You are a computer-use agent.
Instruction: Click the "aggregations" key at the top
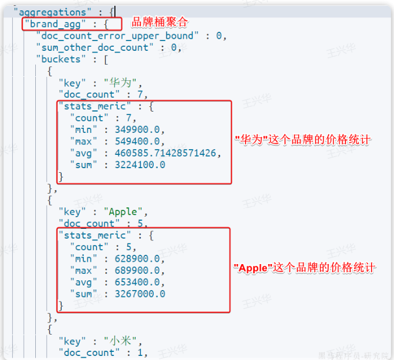pyautogui.click(x=51, y=11)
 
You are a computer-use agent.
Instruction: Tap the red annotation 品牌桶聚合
pyautogui.click(x=160, y=23)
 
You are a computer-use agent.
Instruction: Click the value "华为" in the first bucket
pyautogui.click(x=124, y=83)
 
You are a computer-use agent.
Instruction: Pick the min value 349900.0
pyautogui.click(x=139, y=129)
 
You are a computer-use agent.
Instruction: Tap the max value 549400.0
pyautogui.click(x=139, y=141)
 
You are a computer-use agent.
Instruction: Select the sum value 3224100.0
pyautogui.click(x=139, y=165)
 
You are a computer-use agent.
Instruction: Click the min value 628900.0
pyautogui.click(x=139, y=258)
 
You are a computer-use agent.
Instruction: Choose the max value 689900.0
pyautogui.click(x=139, y=270)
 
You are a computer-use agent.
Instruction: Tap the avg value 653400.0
pyautogui.click(x=139, y=282)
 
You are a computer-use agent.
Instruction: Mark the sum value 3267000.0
pyautogui.click(x=139, y=294)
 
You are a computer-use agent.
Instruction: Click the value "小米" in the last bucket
pyautogui.click(x=124, y=340)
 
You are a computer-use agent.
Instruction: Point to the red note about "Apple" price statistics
pyautogui.click(x=304, y=268)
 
